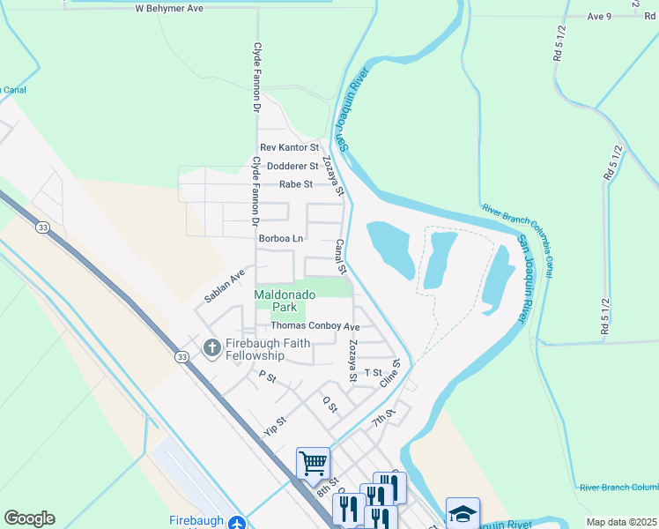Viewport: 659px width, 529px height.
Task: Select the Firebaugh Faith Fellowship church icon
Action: pos(211,348)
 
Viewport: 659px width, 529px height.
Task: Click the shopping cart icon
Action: pos(313,462)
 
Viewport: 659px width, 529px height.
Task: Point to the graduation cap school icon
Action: pos(463,513)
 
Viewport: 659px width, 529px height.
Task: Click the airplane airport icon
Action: pos(235,522)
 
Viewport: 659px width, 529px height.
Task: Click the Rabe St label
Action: pos(296,184)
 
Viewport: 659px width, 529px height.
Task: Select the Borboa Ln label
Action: pos(281,239)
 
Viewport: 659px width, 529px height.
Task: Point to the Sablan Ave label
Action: pos(224,287)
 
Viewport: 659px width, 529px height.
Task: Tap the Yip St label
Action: pos(276,427)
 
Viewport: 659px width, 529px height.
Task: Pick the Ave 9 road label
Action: pos(599,17)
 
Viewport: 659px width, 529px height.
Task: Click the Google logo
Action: pos(29,518)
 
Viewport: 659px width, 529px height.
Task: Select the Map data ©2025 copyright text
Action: pos(621,522)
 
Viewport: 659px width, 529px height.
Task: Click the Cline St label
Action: pos(390,373)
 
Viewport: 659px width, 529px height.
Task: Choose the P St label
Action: pos(268,376)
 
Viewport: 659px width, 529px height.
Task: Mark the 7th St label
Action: pos(380,417)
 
